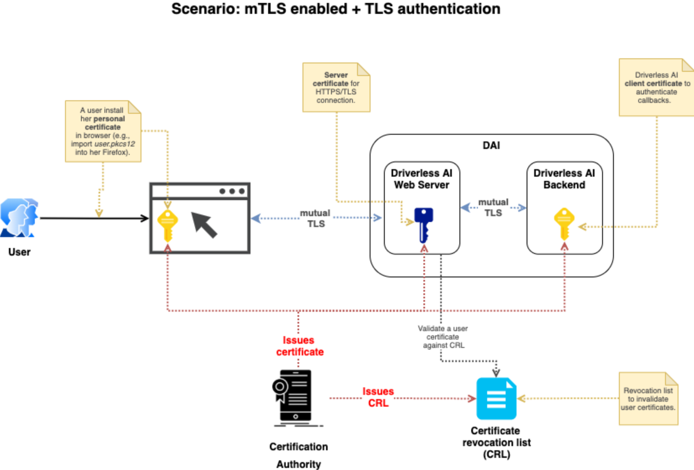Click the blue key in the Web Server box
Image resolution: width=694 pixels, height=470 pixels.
pos(424,224)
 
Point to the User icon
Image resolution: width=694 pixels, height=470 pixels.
pos(19,217)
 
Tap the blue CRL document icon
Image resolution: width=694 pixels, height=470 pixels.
pos(496,398)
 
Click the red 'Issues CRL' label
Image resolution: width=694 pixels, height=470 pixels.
pos(378,397)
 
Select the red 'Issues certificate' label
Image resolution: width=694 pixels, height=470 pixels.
pos(299,346)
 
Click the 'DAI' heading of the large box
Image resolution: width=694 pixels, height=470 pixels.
pos(491,146)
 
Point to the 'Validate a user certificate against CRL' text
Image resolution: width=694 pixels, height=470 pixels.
pos(443,337)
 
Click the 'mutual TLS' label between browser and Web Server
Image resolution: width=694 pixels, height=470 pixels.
pos(316,218)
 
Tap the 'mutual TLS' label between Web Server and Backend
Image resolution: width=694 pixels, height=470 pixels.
pos(493,207)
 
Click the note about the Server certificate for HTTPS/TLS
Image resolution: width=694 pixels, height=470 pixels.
pos(336,88)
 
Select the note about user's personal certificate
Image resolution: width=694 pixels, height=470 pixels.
pos(103,131)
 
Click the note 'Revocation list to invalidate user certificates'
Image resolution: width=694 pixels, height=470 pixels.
pos(648,399)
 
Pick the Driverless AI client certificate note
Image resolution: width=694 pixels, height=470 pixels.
pos(656,88)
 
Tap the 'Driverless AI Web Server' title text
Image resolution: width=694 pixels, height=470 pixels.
pos(421,179)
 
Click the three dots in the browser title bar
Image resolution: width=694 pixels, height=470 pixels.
pos(232,191)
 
